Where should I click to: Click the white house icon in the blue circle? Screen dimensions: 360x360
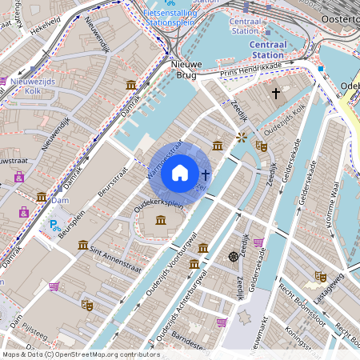point(180,172)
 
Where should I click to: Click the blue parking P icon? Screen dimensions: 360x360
point(54,226)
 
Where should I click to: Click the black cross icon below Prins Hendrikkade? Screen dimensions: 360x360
point(276,94)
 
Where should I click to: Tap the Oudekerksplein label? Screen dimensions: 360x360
point(159,205)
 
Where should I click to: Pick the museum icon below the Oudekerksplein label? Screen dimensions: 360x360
point(161,221)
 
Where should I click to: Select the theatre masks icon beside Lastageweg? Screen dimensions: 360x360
point(321,276)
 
